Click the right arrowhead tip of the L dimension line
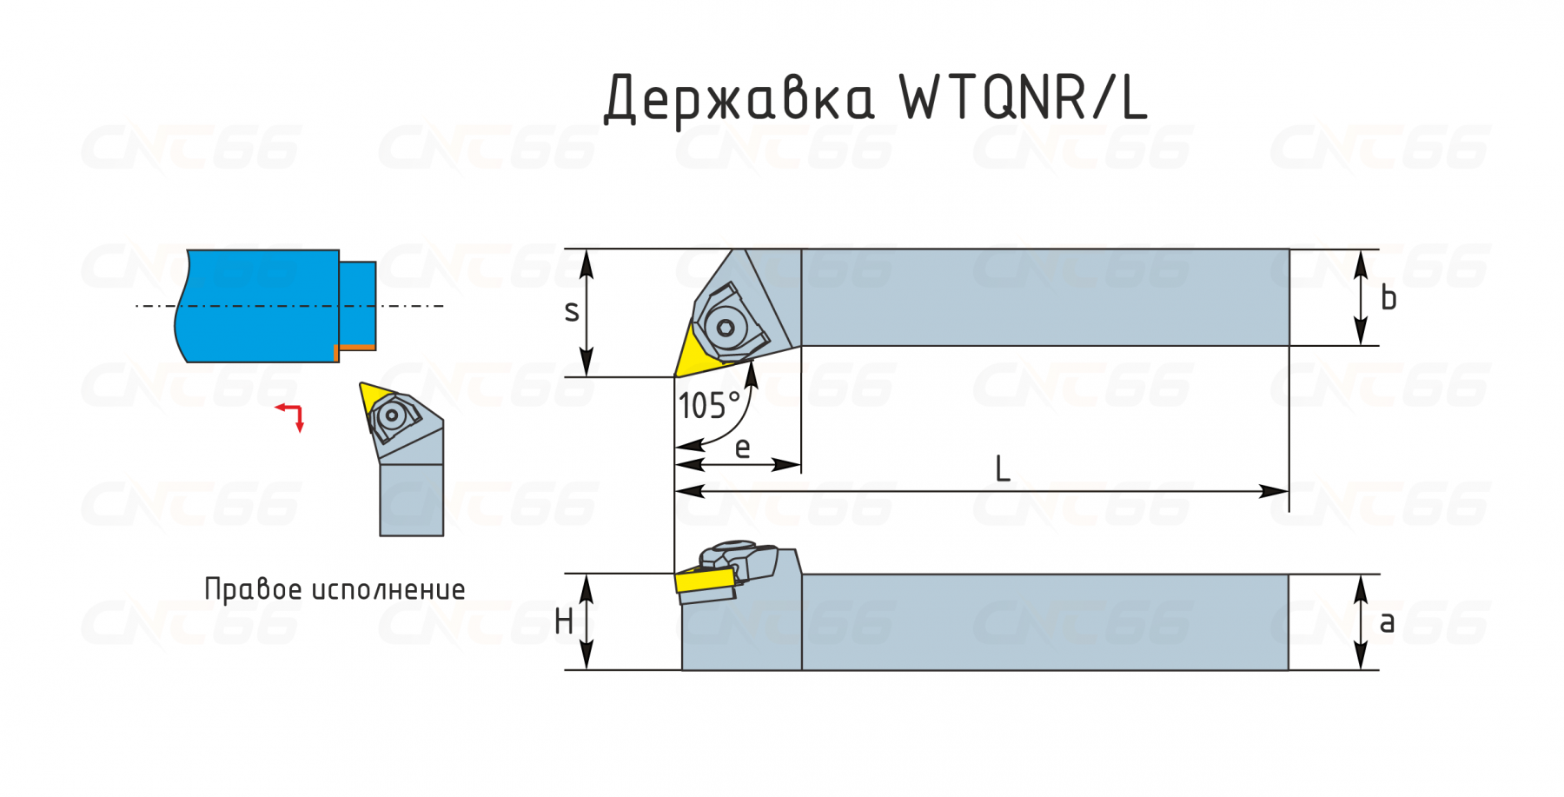(x=1289, y=491)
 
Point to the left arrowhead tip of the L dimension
(x=675, y=491)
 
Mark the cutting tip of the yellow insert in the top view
(x=675, y=376)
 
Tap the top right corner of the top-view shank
(x=1289, y=249)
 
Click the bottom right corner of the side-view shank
(x=1289, y=670)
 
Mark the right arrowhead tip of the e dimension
(x=801, y=464)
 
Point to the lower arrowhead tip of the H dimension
(x=586, y=670)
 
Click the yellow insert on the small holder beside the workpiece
(x=374, y=395)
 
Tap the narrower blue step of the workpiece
(x=357, y=303)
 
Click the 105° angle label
(x=709, y=406)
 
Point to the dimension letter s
(x=571, y=311)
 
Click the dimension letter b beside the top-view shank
(x=1388, y=297)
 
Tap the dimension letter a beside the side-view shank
(x=1387, y=622)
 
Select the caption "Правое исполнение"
(x=335, y=588)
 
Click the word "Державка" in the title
(x=739, y=97)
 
